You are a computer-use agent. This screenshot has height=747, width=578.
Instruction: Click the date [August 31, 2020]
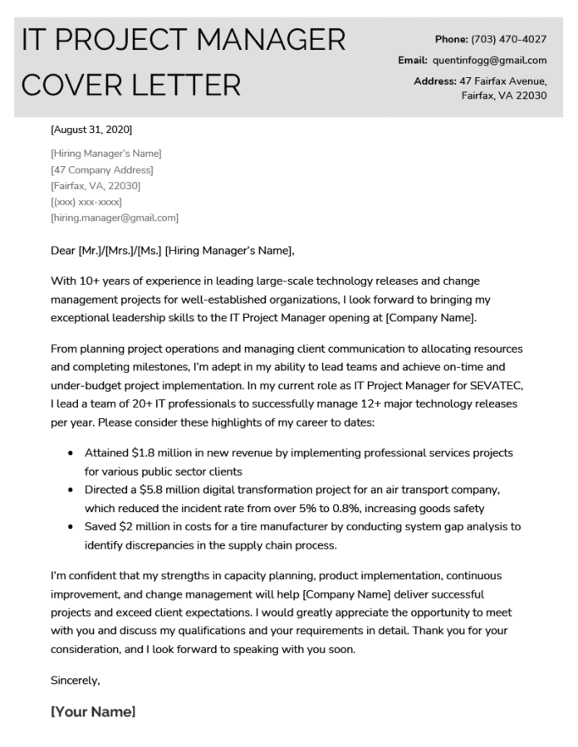coord(91,129)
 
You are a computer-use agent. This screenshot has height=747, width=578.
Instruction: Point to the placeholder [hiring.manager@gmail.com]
coord(115,217)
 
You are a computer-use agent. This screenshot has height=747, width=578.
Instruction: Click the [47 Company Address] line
coord(102,169)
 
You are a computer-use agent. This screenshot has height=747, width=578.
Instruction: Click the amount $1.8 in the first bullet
coord(149,452)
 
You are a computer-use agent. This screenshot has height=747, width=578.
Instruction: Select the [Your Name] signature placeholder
coord(93,711)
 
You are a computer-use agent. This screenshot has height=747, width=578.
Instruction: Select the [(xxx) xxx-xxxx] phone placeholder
coord(86,202)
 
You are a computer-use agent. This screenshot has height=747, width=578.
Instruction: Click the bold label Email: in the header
coord(412,60)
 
